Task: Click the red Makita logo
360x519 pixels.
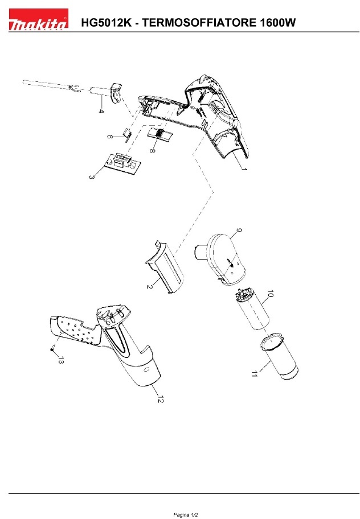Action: click(38, 20)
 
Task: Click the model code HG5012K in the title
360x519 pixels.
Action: click(107, 23)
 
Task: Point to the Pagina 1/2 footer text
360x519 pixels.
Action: click(186, 514)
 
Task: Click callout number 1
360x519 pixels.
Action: click(244, 169)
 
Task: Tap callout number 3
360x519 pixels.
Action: click(91, 177)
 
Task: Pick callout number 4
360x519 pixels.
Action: click(101, 111)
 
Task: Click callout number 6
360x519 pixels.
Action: click(109, 136)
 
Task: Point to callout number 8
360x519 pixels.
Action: click(152, 150)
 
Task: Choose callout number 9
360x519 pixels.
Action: click(239, 230)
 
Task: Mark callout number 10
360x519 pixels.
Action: click(270, 294)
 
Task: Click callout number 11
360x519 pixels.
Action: click(254, 374)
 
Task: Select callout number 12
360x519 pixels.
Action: click(160, 399)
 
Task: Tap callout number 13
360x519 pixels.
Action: click(60, 360)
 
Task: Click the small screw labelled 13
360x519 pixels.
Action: click(52, 349)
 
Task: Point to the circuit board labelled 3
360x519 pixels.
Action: click(124, 163)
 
